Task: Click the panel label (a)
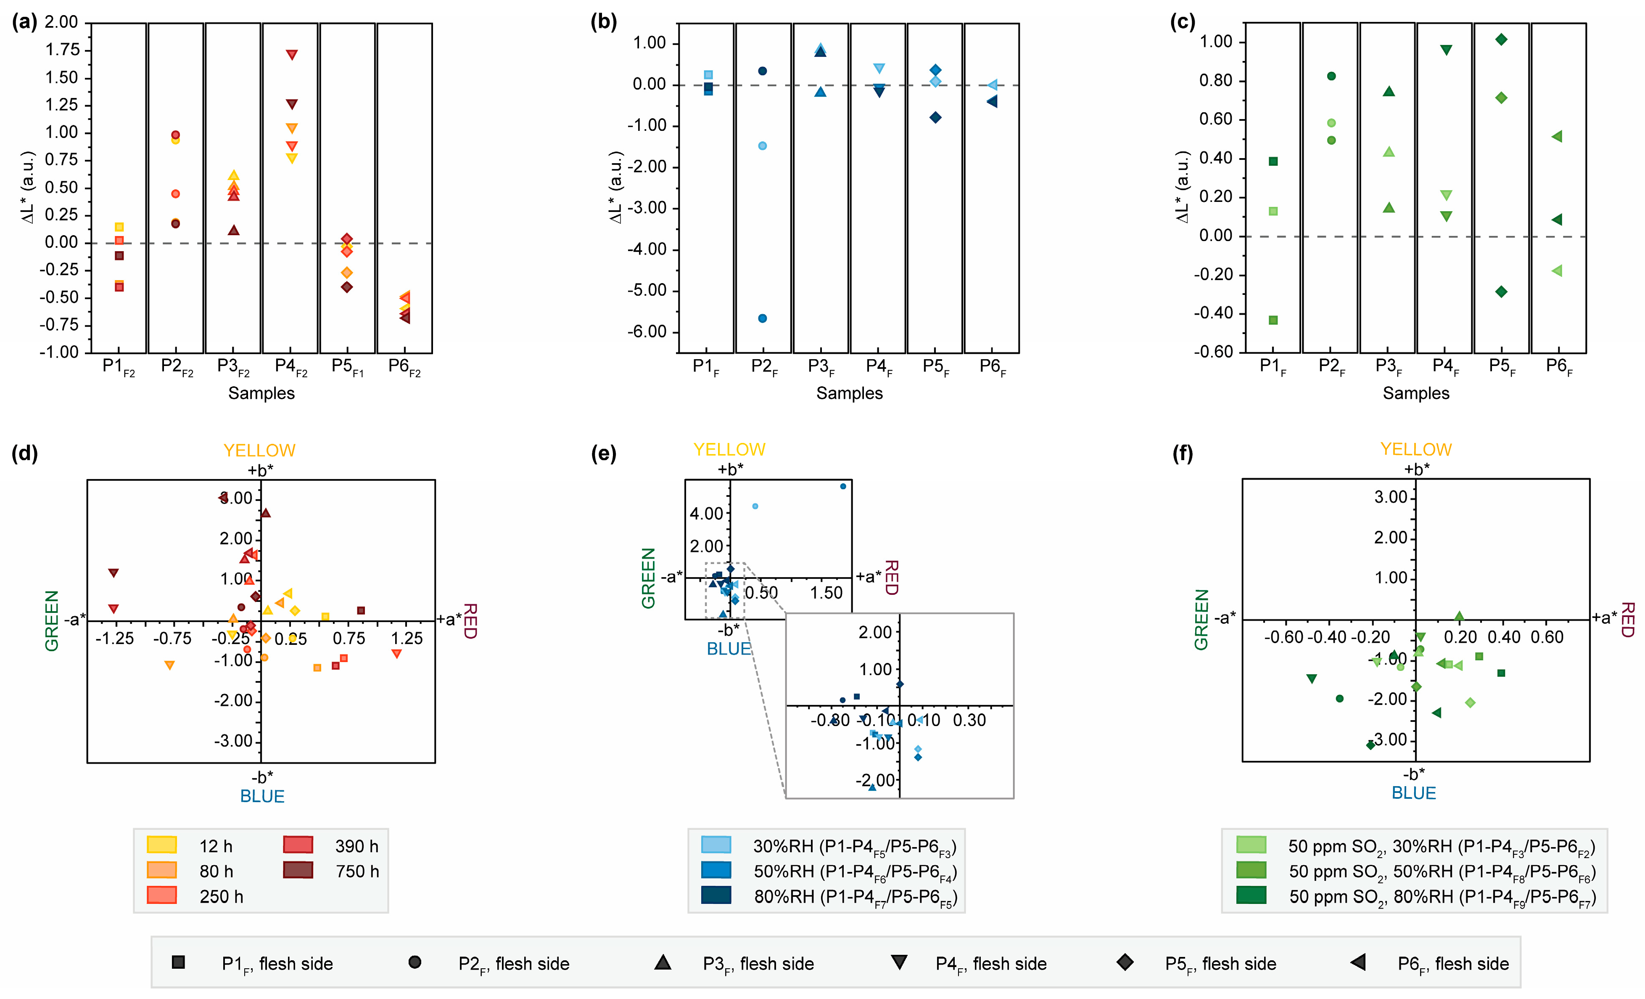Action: tap(25, 22)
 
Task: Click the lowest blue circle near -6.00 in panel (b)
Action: tap(763, 318)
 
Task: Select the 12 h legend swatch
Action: tap(161, 845)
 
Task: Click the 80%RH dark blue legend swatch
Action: tap(716, 895)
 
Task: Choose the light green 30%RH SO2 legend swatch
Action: tap(1251, 845)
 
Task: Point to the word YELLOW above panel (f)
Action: tap(1416, 449)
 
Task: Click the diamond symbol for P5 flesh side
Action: tap(1125, 962)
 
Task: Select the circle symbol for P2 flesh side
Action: tap(415, 962)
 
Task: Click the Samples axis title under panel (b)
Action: tap(849, 393)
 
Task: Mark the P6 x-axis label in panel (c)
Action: tap(1559, 367)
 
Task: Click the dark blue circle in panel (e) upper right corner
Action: tap(843, 486)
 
